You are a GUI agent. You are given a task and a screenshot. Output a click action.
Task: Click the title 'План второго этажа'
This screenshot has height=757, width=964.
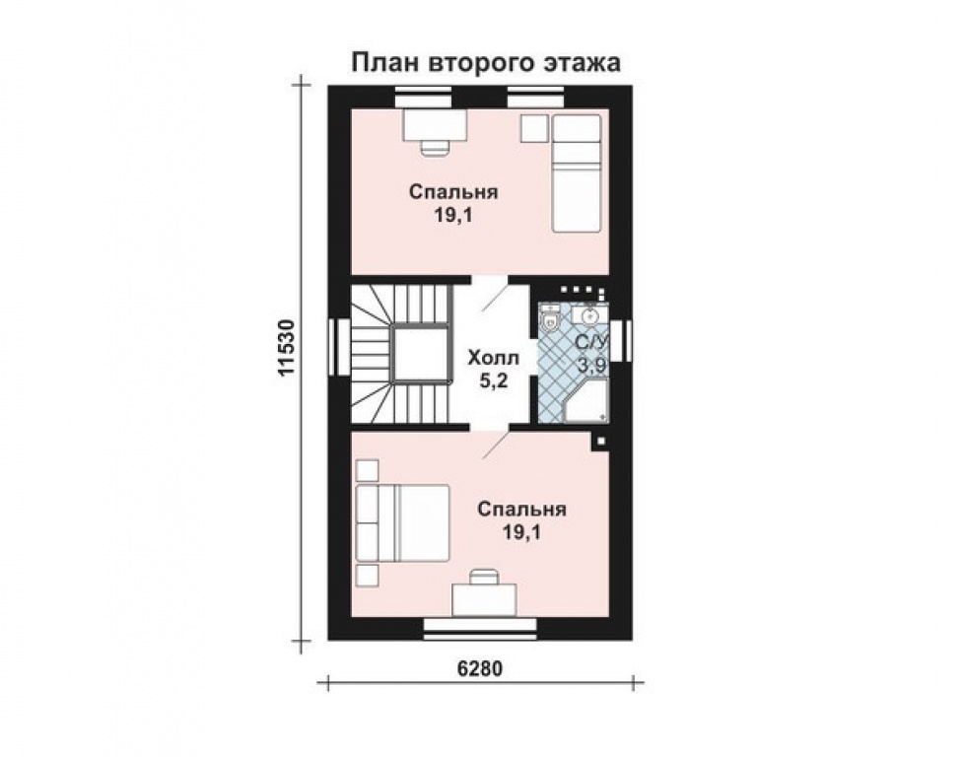487,63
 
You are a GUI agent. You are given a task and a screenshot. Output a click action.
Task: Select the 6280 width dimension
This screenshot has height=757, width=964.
480,667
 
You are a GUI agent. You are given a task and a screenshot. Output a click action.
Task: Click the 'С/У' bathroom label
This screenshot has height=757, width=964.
592,343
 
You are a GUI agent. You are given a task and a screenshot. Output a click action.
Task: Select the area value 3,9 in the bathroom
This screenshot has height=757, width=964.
592,366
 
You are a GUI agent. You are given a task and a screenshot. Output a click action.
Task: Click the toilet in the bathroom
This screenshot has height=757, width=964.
551,317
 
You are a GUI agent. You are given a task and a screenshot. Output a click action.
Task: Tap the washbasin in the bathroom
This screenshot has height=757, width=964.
589,315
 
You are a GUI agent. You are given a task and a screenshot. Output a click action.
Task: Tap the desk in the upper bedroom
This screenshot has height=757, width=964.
434,126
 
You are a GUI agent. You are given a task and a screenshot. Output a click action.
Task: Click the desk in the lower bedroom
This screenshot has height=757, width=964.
484,597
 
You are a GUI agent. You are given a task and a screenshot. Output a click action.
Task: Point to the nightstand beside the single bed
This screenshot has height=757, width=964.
534,128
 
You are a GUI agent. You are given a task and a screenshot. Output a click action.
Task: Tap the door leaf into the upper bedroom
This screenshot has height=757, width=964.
494,297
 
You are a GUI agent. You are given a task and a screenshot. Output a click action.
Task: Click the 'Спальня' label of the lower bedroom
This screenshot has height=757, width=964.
521,510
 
